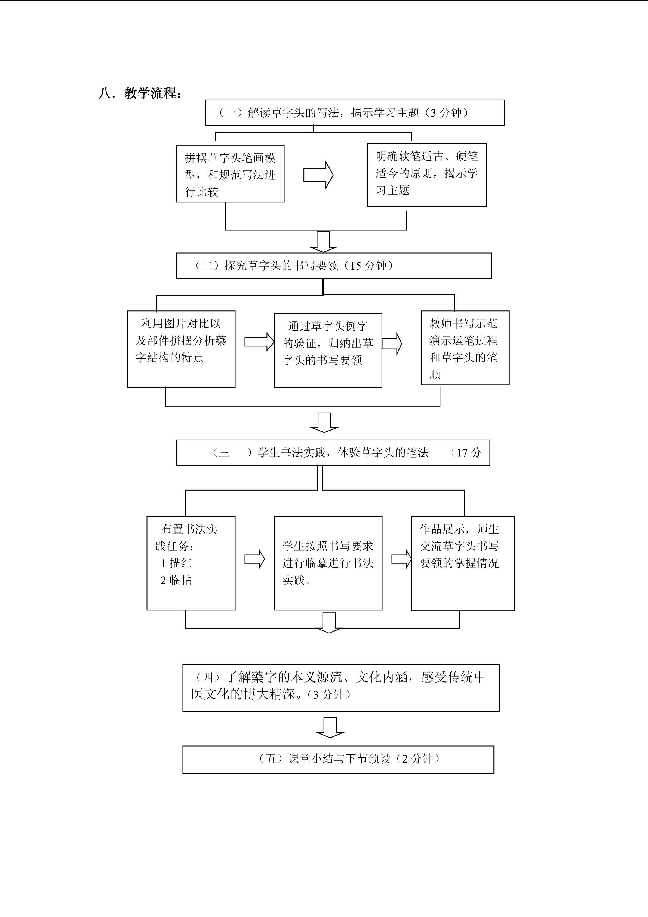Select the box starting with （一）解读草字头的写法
(x=355, y=113)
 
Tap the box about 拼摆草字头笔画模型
(x=230, y=174)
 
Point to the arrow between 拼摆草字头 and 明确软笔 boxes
(x=318, y=175)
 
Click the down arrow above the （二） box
(x=323, y=242)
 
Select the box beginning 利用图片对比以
(x=181, y=349)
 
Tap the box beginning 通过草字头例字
(x=328, y=350)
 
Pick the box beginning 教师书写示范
(x=465, y=348)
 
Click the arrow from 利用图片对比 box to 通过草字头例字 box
(x=259, y=342)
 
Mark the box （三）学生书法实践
(x=333, y=453)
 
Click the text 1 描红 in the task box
(x=176, y=563)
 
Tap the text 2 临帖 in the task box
(x=176, y=580)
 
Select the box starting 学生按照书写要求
(x=328, y=563)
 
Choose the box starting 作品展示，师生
(x=462, y=563)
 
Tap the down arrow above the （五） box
(x=330, y=727)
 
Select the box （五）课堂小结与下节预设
(x=338, y=759)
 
